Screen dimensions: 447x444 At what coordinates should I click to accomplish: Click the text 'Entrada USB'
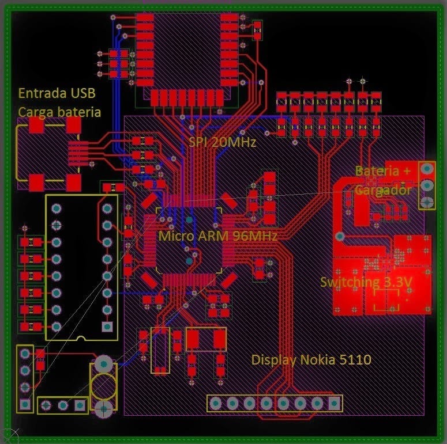(x=57, y=93)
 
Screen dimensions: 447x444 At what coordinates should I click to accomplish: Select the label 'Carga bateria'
(x=59, y=112)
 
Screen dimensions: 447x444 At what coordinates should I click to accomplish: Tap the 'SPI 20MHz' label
(x=223, y=142)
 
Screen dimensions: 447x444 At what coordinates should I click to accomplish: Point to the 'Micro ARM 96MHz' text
(x=217, y=236)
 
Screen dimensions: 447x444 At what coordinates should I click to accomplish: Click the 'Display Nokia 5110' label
(x=311, y=360)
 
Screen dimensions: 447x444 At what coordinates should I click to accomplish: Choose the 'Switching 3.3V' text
(x=366, y=282)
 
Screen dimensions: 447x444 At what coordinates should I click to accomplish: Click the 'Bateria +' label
(x=383, y=171)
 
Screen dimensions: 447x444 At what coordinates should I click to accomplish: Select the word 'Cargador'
(x=383, y=190)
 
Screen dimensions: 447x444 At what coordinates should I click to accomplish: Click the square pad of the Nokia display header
(x=334, y=403)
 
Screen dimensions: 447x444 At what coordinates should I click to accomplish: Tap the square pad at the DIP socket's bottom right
(x=107, y=327)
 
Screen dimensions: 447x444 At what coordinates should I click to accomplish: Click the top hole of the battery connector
(x=427, y=169)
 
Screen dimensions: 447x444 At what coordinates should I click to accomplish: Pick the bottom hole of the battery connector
(x=427, y=202)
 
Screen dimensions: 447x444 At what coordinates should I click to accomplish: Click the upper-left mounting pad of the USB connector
(x=36, y=125)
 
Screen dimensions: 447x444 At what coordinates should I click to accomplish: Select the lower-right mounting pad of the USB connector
(x=74, y=183)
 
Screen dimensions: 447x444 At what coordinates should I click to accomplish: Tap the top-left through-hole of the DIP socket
(x=57, y=208)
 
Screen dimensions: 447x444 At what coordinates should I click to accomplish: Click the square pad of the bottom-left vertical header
(x=25, y=404)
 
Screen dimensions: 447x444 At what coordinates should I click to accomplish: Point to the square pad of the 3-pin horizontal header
(x=80, y=405)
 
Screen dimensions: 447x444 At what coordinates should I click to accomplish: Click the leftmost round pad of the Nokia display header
(x=216, y=403)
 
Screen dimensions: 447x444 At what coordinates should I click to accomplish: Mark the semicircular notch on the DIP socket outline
(x=81, y=338)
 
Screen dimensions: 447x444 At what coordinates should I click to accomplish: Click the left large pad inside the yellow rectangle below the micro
(x=193, y=339)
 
